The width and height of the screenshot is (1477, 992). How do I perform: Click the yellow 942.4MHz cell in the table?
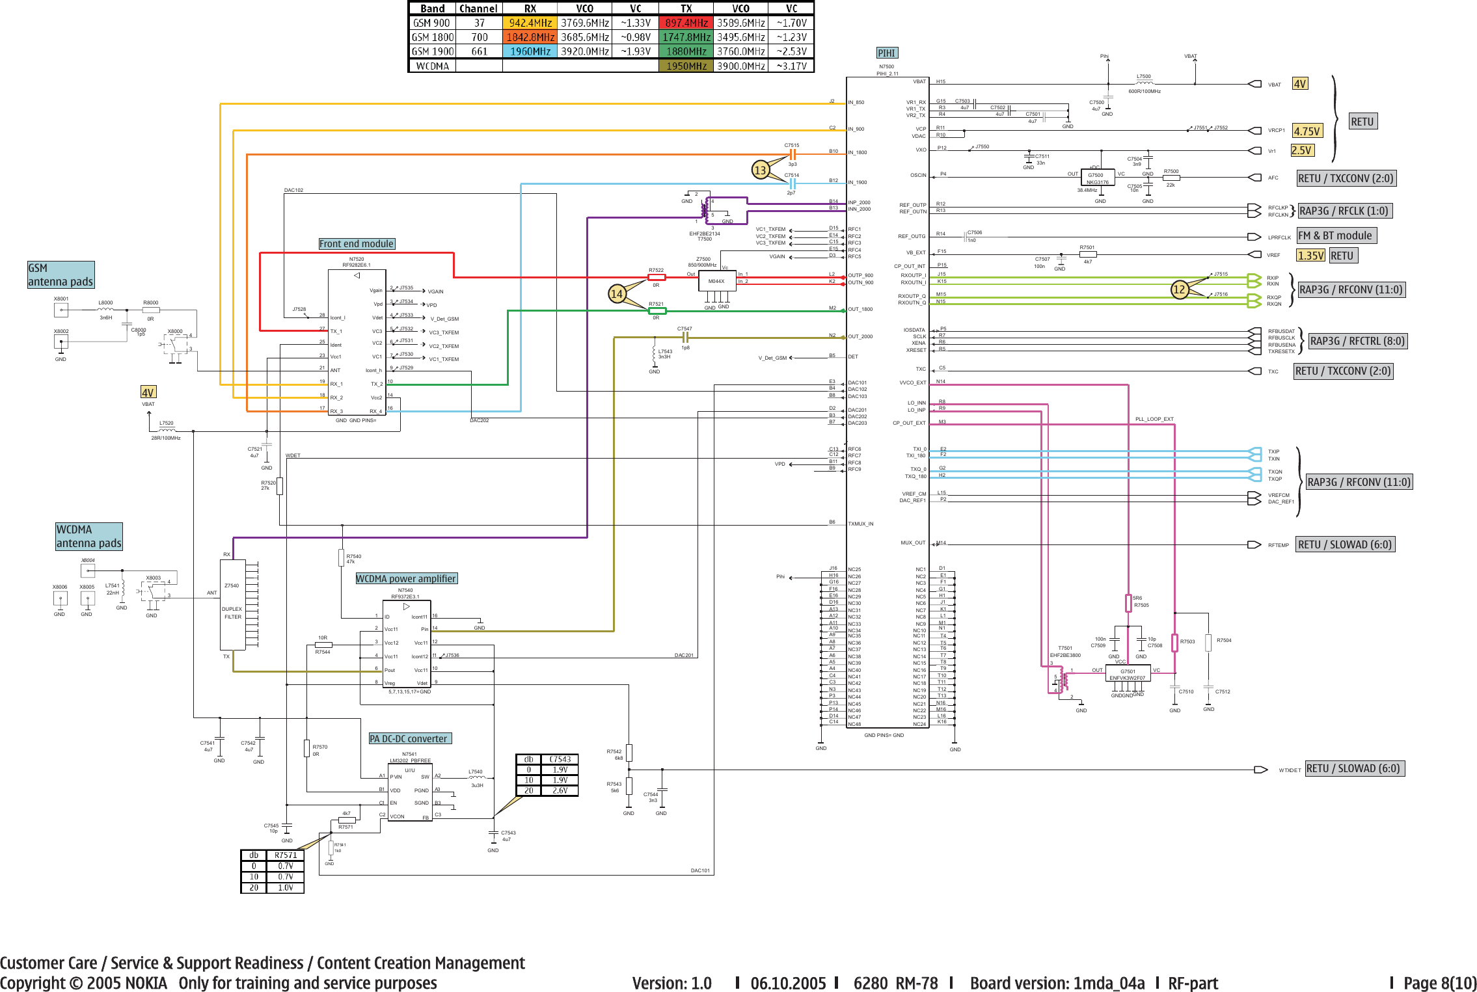coord(530,23)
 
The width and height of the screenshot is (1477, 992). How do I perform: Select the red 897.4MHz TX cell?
coord(686,23)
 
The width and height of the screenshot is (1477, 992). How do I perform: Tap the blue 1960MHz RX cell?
coord(530,51)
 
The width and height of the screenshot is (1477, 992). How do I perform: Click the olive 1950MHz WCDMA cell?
coord(686,66)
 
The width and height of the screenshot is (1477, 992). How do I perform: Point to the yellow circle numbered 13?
coord(760,170)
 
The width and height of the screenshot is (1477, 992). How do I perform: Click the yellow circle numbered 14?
coord(617,293)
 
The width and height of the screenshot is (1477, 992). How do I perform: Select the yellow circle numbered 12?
coord(1179,289)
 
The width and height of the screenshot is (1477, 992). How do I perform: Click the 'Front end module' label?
coord(357,244)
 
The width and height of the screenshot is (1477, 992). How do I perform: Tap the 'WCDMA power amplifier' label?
coord(406,578)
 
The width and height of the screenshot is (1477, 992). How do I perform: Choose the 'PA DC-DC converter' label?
coord(409,738)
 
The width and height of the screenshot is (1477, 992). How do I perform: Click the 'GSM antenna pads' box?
coord(61,275)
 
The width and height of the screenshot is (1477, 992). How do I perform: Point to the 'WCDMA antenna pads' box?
coord(88,537)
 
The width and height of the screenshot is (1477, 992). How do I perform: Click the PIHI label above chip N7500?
coord(887,53)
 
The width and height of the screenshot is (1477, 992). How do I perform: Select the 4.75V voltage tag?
coord(1307,131)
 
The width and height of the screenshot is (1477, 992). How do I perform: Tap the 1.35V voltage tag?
coord(1310,256)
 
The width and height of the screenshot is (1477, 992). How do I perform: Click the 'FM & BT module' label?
coord(1335,235)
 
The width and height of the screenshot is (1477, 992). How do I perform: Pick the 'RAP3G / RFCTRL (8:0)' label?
coord(1357,341)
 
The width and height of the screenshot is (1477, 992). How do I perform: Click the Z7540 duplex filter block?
coord(232,604)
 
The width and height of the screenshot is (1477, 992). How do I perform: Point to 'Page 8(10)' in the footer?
coord(1439,983)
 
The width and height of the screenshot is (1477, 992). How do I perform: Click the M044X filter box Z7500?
coord(716,281)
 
